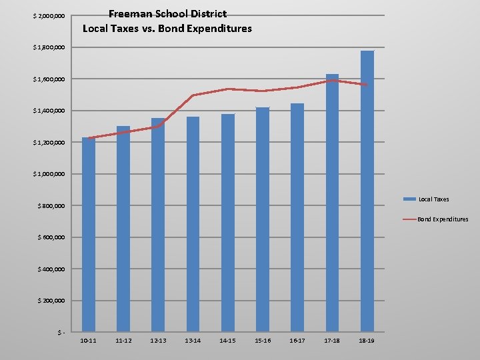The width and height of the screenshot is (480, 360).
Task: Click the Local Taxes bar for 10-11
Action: click(x=89, y=233)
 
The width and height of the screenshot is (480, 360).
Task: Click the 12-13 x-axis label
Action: click(x=158, y=341)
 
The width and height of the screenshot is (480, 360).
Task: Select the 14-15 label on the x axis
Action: click(x=227, y=341)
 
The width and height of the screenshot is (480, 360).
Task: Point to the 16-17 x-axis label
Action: click(x=297, y=341)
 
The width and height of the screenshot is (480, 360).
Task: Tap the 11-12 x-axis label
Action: click(x=123, y=341)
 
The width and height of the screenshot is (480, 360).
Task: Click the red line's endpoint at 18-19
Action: click(x=367, y=85)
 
